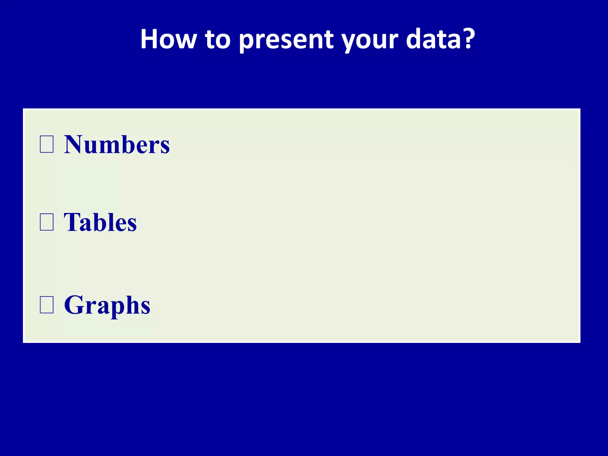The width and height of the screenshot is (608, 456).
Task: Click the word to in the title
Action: tap(218, 39)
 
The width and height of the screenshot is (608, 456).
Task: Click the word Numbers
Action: tap(117, 145)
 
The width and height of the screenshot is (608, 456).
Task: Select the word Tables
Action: tap(100, 222)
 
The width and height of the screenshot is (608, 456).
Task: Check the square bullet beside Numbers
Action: tap(47, 144)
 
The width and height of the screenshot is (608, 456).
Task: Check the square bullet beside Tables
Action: tap(47, 222)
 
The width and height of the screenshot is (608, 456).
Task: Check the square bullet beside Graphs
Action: tap(47, 305)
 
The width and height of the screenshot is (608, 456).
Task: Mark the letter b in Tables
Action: tap(104, 223)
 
